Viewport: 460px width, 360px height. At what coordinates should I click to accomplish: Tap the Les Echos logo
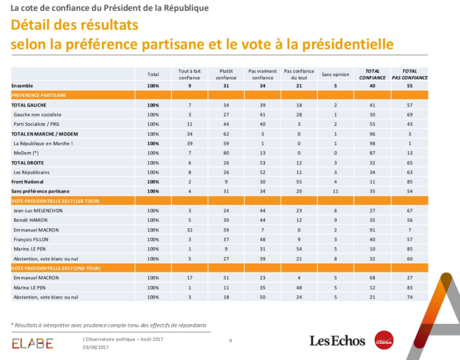pyautogui.click(x=337, y=341)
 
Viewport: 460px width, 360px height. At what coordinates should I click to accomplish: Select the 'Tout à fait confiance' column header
pyautogui.click(x=190, y=75)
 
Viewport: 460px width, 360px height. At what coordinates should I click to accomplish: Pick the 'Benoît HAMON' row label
pyautogui.click(x=30, y=220)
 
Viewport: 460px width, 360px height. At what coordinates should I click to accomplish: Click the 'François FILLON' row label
pyautogui.click(x=31, y=239)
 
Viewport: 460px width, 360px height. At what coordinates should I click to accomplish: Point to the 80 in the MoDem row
pyautogui.click(x=226, y=153)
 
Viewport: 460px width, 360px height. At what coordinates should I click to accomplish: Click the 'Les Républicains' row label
pyautogui.click(x=31, y=172)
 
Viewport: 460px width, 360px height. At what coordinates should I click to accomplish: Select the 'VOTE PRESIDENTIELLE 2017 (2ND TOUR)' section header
pyautogui.click(x=56, y=268)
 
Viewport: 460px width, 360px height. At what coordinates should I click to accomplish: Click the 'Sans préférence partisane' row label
pyautogui.click(x=40, y=191)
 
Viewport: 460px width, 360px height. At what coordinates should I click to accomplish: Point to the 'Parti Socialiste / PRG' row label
pyautogui.click(x=37, y=124)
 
